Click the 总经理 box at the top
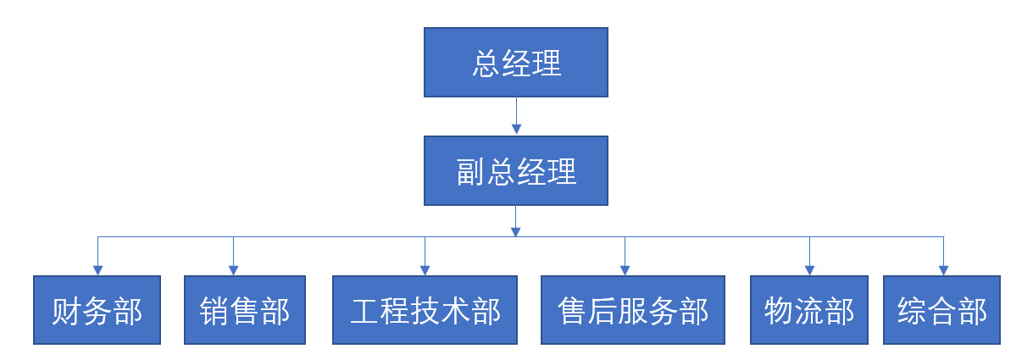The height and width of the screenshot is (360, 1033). (x=515, y=62)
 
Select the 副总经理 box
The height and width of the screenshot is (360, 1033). (x=515, y=170)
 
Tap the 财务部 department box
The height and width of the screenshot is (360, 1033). (x=97, y=310)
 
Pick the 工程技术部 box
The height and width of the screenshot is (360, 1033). (x=425, y=310)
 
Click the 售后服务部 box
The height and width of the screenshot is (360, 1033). (x=633, y=310)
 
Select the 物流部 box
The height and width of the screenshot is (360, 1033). (x=808, y=310)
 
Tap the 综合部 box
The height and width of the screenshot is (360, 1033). (x=941, y=310)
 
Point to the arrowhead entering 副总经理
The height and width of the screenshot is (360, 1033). (x=516, y=130)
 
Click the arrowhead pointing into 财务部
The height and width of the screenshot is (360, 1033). (x=97, y=269)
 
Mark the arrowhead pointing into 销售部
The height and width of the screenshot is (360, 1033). (x=233, y=269)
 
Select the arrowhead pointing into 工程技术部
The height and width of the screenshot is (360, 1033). (x=425, y=269)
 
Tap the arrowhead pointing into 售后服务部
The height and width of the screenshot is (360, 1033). (x=625, y=269)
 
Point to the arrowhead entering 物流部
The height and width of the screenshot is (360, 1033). (x=809, y=269)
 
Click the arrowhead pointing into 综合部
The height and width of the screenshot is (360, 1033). (x=943, y=269)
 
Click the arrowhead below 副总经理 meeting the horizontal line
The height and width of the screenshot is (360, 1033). (x=516, y=230)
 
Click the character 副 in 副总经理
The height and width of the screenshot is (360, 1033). (x=471, y=171)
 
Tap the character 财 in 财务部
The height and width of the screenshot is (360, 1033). (x=67, y=311)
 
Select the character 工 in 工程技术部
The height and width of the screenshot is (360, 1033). (x=364, y=311)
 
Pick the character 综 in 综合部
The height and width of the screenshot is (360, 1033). (x=912, y=311)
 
